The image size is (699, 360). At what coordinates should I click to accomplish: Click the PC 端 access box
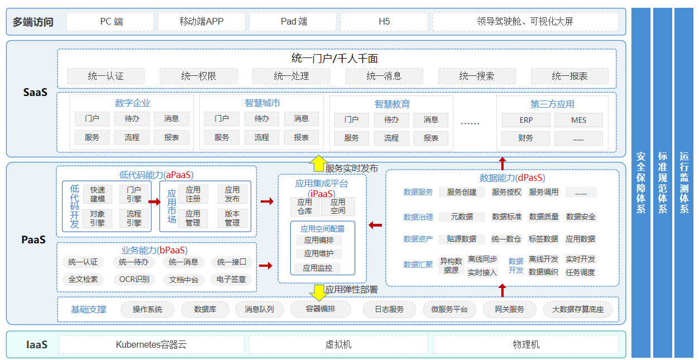[110, 22]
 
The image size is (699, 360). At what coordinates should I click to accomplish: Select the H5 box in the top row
[384, 22]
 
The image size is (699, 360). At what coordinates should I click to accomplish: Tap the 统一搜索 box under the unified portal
[477, 76]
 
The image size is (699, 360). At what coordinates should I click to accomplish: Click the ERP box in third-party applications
[526, 120]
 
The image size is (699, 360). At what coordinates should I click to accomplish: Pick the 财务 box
[525, 138]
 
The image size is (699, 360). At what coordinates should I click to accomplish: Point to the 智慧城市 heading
[262, 103]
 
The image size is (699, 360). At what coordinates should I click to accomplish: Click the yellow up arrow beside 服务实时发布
[318, 163]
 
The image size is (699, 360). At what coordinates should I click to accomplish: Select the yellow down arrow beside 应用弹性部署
[319, 292]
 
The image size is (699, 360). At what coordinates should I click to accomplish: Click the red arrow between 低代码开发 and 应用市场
[155, 202]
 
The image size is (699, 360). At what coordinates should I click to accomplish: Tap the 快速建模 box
[98, 194]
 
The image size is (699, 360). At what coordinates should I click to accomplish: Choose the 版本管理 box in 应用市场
[232, 218]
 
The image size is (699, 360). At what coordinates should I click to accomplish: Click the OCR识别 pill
[134, 279]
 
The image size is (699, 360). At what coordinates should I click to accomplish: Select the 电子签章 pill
[231, 279]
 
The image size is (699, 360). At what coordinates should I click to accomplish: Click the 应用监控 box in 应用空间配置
[318, 268]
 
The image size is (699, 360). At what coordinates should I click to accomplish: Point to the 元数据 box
[462, 217]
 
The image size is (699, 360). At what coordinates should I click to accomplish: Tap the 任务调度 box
[580, 272]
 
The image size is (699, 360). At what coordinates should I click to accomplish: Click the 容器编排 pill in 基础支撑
[320, 309]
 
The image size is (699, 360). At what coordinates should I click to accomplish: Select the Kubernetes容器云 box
[151, 344]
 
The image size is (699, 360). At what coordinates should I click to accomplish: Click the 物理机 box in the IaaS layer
[526, 344]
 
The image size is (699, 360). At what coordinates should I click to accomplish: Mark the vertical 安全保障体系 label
[641, 183]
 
